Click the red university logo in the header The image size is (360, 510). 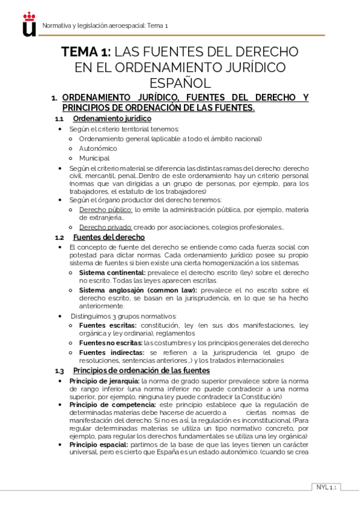[29, 25]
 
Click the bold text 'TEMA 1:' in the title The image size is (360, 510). [87, 52]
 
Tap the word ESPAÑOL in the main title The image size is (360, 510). [180, 82]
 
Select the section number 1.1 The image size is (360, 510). [59, 118]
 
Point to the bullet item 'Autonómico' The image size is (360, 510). [98, 148]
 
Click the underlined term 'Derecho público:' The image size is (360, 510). [106, 209]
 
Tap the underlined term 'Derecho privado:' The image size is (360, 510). [106, 227]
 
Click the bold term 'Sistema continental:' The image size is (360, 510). [112, 272]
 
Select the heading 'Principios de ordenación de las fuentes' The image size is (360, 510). [141, 370]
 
